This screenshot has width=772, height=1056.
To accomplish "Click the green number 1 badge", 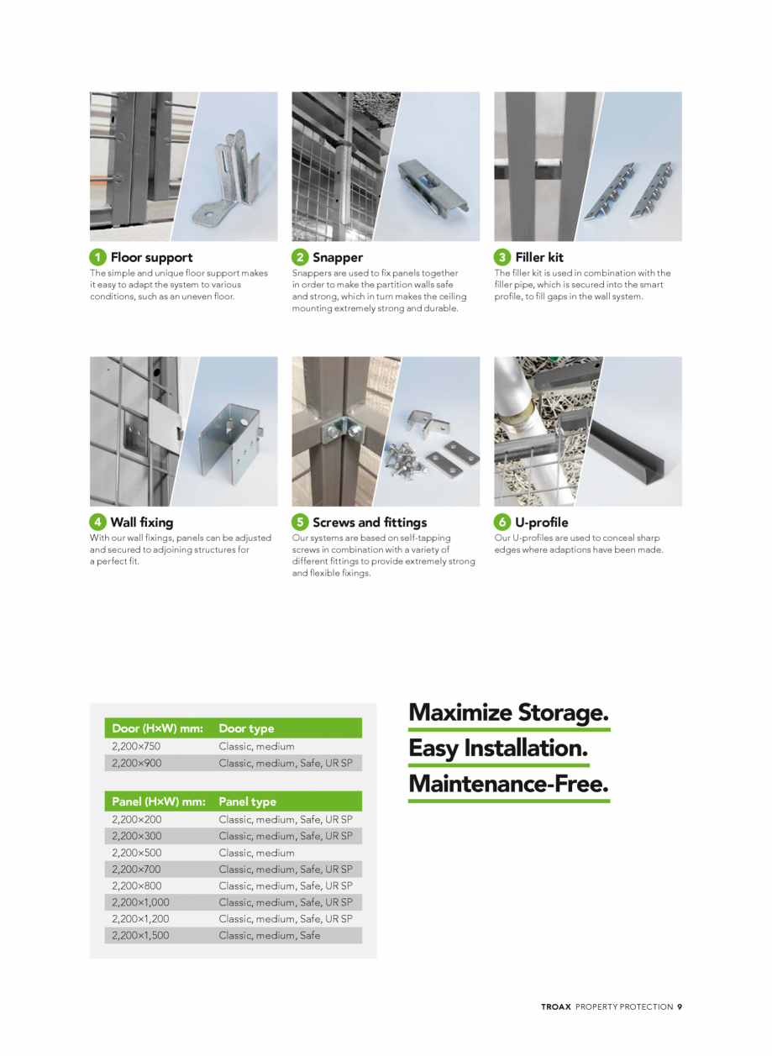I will [x=97, y=257].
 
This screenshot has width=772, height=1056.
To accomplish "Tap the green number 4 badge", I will [x=97, y=522].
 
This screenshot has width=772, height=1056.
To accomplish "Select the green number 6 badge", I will [x=502, y=522].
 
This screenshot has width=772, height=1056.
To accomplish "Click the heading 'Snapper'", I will [x=338, y=257].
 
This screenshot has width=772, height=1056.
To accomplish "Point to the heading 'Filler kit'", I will [x=539, y=257].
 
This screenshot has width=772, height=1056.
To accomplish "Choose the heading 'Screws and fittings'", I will [x=370, y=522].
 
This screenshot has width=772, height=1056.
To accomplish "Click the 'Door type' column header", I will [x=246, y=728].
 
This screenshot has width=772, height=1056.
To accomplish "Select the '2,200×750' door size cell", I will [x=136, y=746].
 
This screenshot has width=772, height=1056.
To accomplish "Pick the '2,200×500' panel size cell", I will [x=136, y=853].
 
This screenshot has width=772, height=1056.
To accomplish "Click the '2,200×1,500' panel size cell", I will [x=140, y=935].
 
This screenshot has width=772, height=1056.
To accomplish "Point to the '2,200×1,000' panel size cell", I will [x=140, y=902].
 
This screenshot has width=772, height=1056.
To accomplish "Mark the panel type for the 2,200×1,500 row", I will [x=270, y=935].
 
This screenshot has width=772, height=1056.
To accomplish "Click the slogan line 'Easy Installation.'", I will [x=498, y=748].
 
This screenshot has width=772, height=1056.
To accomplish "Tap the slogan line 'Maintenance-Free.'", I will [x=508, y=784].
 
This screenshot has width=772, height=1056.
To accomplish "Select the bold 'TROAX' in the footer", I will [x=556, y=1006].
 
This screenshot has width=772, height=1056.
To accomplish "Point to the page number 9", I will [x=680, y=1006].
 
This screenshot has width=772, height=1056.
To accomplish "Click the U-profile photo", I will [x=587, y=431].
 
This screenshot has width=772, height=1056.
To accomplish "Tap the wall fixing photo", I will [x=183, y=431].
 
